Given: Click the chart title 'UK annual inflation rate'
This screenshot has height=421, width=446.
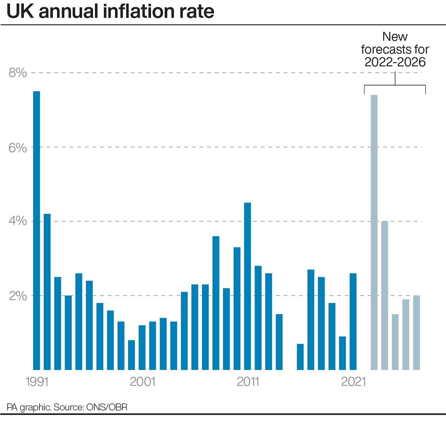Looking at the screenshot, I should (110, 11).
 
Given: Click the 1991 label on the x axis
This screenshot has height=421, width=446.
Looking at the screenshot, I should (37, 381).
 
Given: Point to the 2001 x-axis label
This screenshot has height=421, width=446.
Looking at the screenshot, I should (142, 381).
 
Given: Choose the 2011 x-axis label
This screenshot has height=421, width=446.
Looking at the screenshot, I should (248, 381).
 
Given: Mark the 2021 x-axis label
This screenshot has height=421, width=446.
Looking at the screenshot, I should (353, 381).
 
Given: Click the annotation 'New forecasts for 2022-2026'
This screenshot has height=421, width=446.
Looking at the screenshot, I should (395, 49).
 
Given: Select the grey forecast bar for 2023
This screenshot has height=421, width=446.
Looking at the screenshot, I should (385, 295).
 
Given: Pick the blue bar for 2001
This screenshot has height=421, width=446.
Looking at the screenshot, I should (142, 347).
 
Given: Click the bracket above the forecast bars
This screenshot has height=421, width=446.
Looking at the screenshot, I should (395, 85).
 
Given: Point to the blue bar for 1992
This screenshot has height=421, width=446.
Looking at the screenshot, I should (47, 292).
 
